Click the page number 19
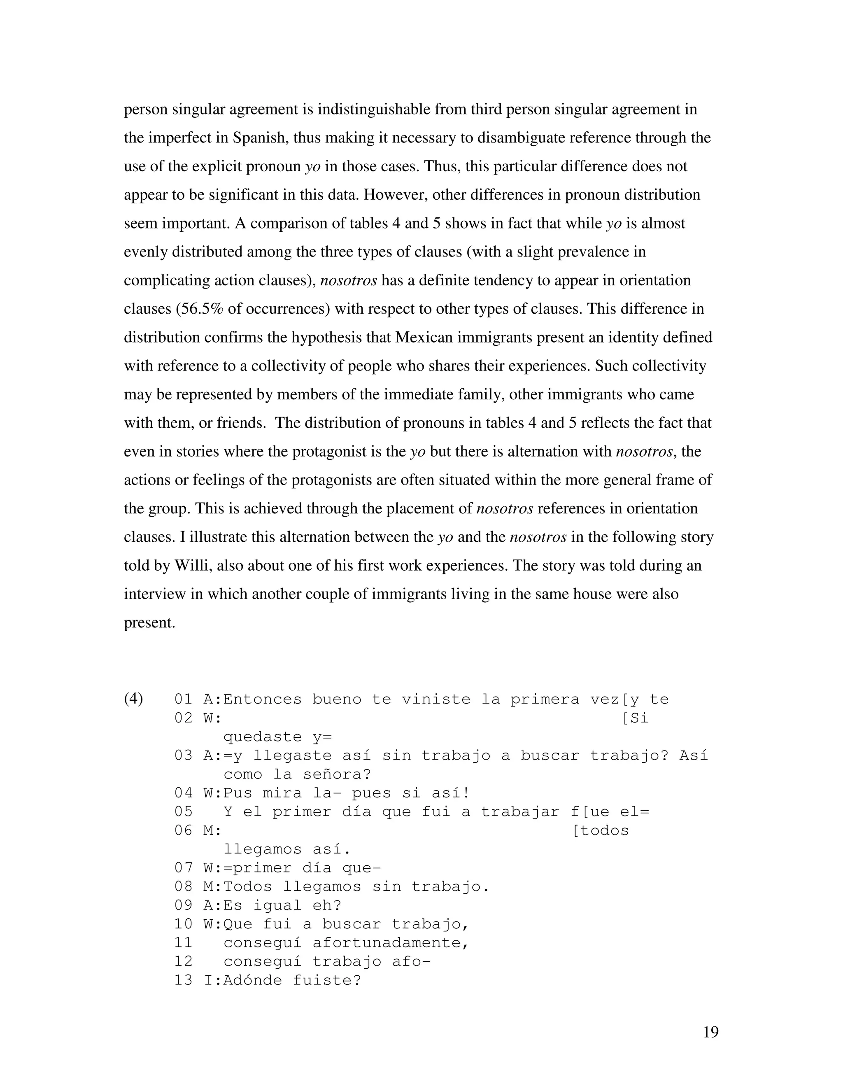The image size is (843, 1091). tap(710, 1032)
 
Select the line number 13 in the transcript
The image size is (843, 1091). tap(183, 980)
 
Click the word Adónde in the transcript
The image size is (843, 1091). tap(253, 980)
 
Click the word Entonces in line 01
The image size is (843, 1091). tap(263, 699)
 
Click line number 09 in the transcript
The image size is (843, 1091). tap(183, 905)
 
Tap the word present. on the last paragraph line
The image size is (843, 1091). tap(149, 623)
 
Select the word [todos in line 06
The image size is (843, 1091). tap(600, 831)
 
